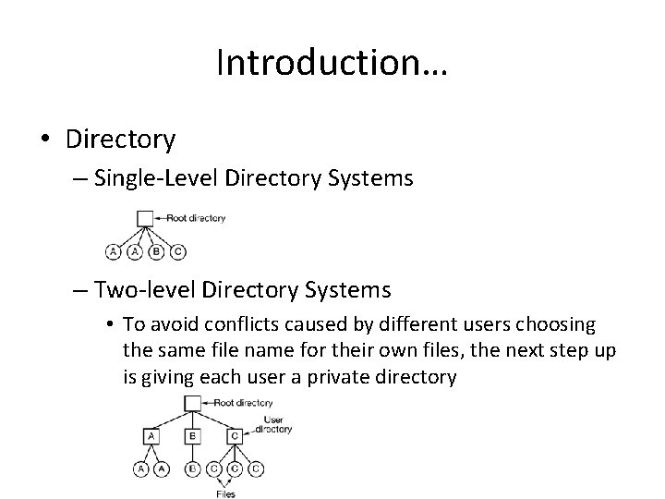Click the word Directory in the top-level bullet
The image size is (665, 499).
click(x=120, y=139)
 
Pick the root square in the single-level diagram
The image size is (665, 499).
click(x=144, y=219)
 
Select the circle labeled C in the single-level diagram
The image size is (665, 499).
click(x=179, y=250)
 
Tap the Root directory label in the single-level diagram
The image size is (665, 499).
click(x=195, y=219)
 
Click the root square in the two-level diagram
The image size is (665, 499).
click(x=191, y=403)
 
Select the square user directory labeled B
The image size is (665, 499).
click(x=191, y=435)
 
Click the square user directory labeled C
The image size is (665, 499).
click(x=235, y=435)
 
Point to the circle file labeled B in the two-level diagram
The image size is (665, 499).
click(x=191, y=469)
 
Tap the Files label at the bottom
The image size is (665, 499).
click(x=224, y=493)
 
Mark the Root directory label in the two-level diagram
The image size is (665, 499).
click(x=244, y=403)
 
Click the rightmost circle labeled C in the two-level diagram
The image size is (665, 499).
click(x=256, y=469)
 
